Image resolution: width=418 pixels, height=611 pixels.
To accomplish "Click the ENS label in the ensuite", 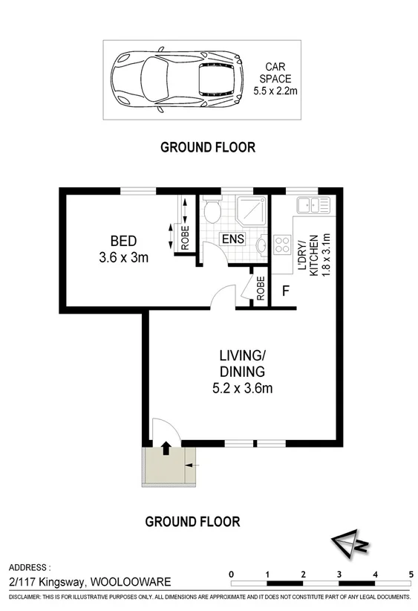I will pos(232,239).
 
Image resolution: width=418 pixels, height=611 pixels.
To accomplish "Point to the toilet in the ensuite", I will pos(212,212).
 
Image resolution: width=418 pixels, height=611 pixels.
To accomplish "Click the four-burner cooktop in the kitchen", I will pos(283,245).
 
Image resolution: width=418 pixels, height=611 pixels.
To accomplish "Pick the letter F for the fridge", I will pos(284,291).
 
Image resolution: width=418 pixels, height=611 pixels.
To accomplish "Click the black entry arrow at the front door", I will pos(166,447).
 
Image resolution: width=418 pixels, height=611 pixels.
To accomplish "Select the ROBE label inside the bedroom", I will pos(184,238).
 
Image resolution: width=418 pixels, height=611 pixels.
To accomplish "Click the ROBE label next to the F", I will pos(261,289).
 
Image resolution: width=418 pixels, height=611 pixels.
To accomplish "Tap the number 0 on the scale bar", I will pos(232,574).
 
